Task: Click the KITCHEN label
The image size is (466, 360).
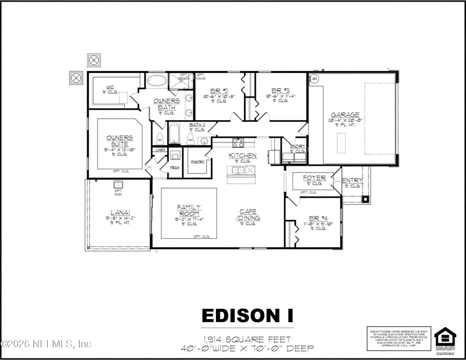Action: tap(243, 155)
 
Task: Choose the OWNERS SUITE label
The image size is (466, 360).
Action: tap(120, 140)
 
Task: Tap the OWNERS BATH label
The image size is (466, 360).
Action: tap(166, 104)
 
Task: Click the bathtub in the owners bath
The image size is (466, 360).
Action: tap(155, 81)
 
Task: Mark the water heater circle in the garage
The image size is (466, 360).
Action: tap(314, 78)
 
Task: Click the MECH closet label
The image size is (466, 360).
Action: tap(175, 167)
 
